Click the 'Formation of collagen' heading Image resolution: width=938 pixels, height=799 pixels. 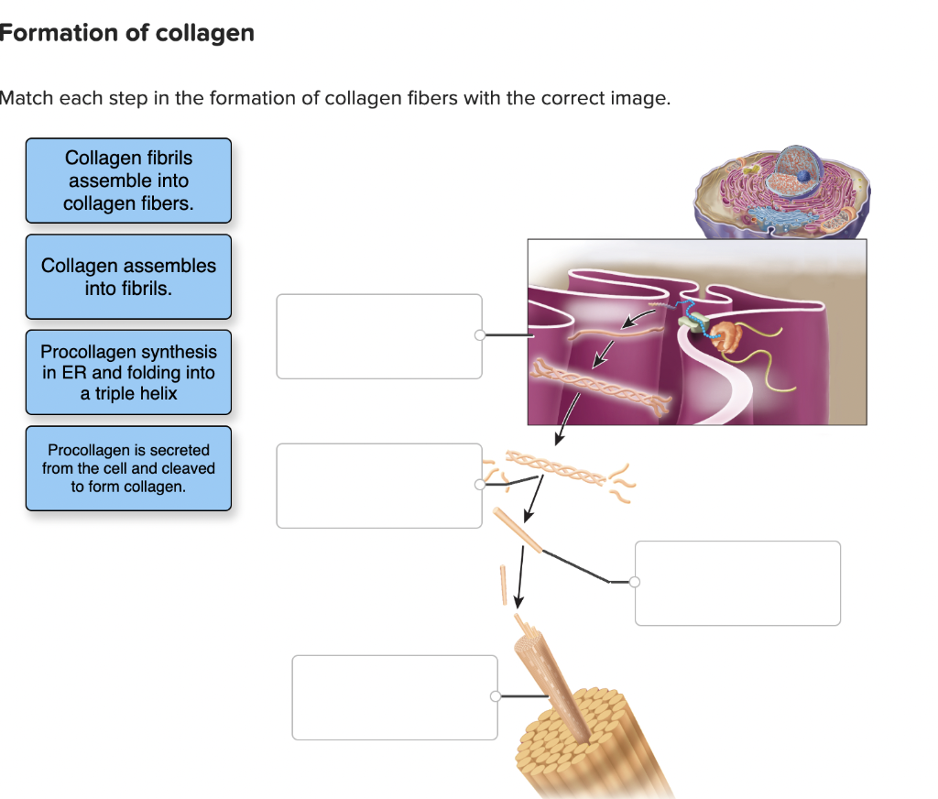[127, 34]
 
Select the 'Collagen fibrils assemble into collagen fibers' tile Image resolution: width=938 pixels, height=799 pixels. [128, 181]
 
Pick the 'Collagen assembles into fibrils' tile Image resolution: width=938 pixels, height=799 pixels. [128, 277]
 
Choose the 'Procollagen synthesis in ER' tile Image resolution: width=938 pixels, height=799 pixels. [128, 372]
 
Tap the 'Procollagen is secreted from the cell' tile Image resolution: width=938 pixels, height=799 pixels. [128, 468]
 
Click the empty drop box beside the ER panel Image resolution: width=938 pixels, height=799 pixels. [379, 336]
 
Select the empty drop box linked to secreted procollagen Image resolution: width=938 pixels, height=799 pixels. [379, 486]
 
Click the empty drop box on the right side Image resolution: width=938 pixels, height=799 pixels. [737, 584]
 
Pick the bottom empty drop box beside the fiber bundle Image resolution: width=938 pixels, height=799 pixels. [395, 697]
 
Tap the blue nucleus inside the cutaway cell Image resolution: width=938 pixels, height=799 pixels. [803, 174]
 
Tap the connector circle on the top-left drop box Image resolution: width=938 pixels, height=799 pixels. [479, 335]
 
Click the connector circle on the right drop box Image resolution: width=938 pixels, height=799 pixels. [635, 582]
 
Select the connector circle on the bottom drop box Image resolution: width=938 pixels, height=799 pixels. [496, 697]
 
